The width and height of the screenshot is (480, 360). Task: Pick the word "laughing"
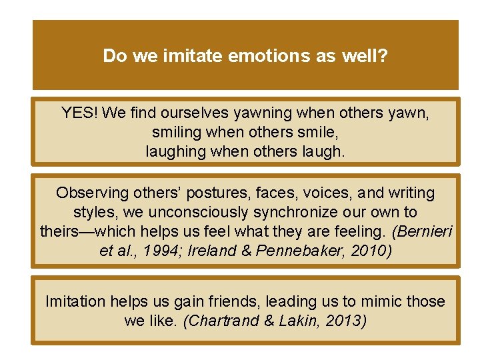[176, 151]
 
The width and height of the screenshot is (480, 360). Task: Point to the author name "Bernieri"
[425, 231]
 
